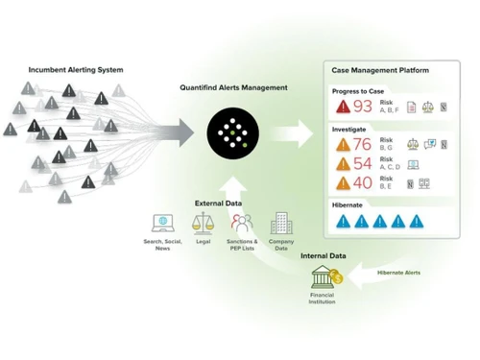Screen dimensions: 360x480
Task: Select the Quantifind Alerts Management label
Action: point(233,87)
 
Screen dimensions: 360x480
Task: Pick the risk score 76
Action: point(363,145)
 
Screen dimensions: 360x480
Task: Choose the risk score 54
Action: point(363,163)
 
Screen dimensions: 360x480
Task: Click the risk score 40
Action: point(363,182)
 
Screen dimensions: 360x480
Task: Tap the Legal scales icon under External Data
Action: point(204,224)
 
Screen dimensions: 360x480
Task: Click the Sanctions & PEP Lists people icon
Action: point(241,225)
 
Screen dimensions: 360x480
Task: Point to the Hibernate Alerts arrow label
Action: point(397,273)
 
